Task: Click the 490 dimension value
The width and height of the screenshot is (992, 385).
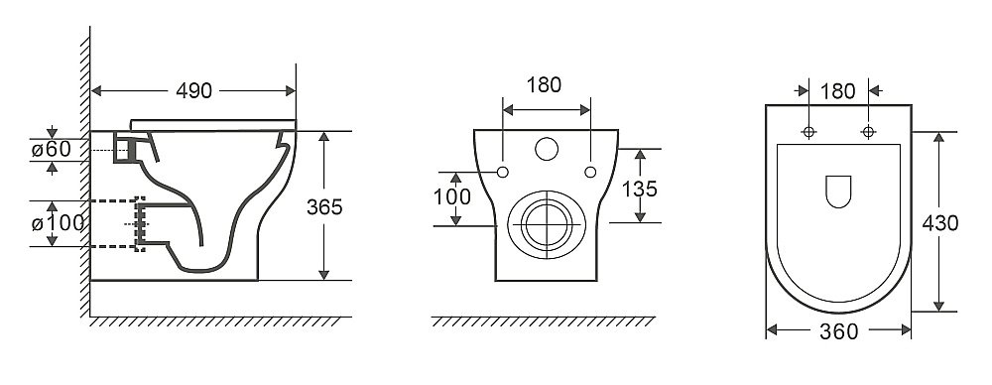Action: tap(193, 91)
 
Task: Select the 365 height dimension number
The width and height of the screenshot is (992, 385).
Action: tap(324, 207)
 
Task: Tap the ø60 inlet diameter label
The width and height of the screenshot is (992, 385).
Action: tap(52, 150)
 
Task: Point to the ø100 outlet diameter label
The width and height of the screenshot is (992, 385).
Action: tap(58, 223)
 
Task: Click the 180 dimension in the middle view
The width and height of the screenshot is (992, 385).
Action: tap(544, 85)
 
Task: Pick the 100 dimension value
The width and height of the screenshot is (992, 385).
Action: tap(452, 197)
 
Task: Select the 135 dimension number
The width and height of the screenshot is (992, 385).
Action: tap(640, 189)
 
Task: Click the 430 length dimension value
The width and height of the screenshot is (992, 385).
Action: tap(940, 223)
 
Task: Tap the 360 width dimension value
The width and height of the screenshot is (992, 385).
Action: tap(839, 331)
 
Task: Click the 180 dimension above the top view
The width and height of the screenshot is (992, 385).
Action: tap(838, 92)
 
